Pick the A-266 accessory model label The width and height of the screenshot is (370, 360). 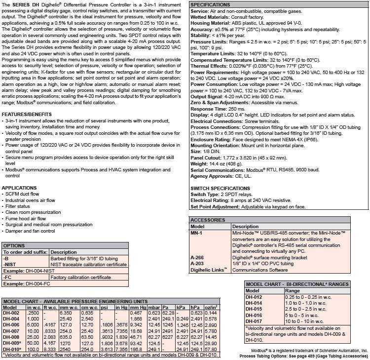tap(198, 257)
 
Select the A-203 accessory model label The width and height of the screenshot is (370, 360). tap(198, 264)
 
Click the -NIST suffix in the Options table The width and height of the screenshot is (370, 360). tap(10, 265)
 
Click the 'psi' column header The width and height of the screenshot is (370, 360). tap(105, 307)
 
